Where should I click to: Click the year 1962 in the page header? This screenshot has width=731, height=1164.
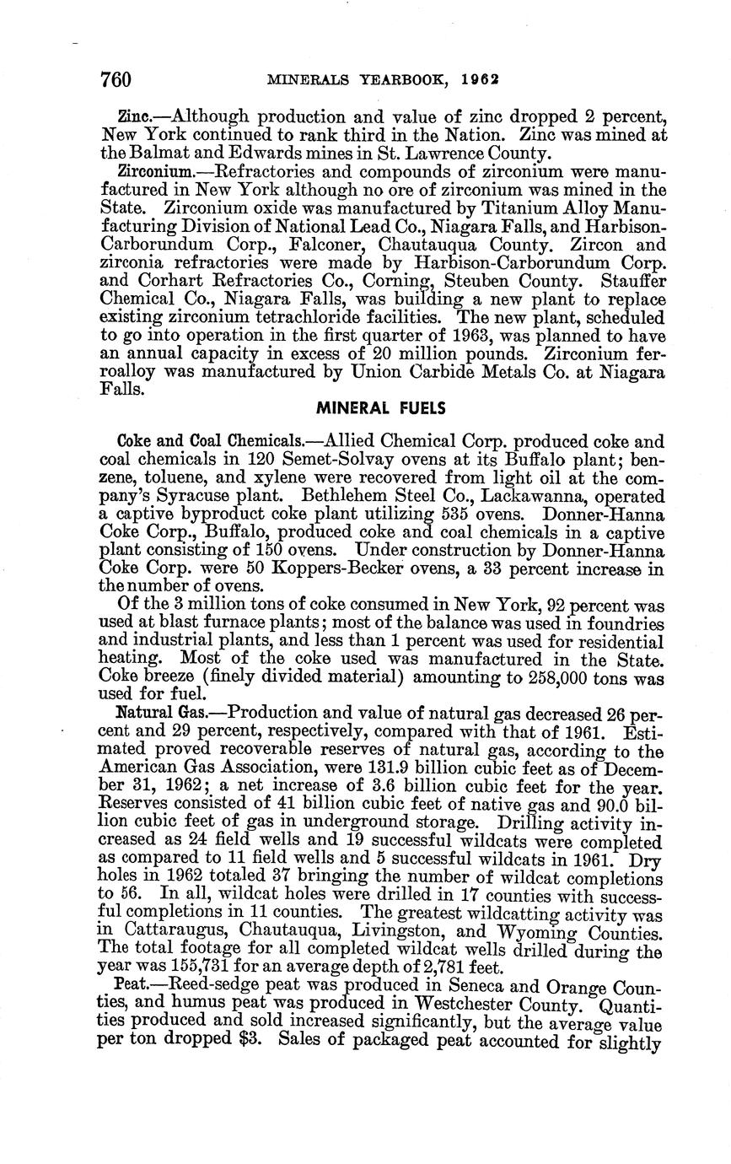coord(481,80)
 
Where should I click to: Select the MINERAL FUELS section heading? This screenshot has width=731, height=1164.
coord(381,408)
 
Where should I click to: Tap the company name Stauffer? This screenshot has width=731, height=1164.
coord(631,281)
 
